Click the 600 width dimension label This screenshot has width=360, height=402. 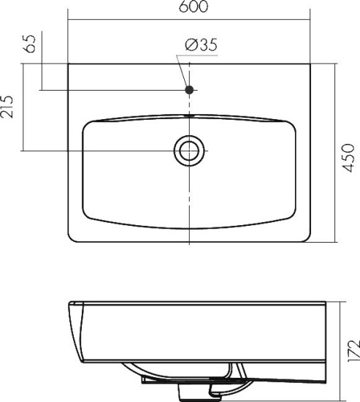pos(194,7)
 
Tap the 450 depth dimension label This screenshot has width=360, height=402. pos(349,158)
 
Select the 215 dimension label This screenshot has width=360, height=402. pos(7,107)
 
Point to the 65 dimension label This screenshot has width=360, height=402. pos(30,44)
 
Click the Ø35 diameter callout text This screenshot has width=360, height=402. pos(201,45)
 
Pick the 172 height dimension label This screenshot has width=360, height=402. pos(354,351)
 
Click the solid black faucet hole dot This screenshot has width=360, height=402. pos(189,90)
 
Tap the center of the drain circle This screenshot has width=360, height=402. pos(189,151)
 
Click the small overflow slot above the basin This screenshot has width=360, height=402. pos(189,116)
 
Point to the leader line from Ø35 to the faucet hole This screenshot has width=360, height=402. pos(183,71)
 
